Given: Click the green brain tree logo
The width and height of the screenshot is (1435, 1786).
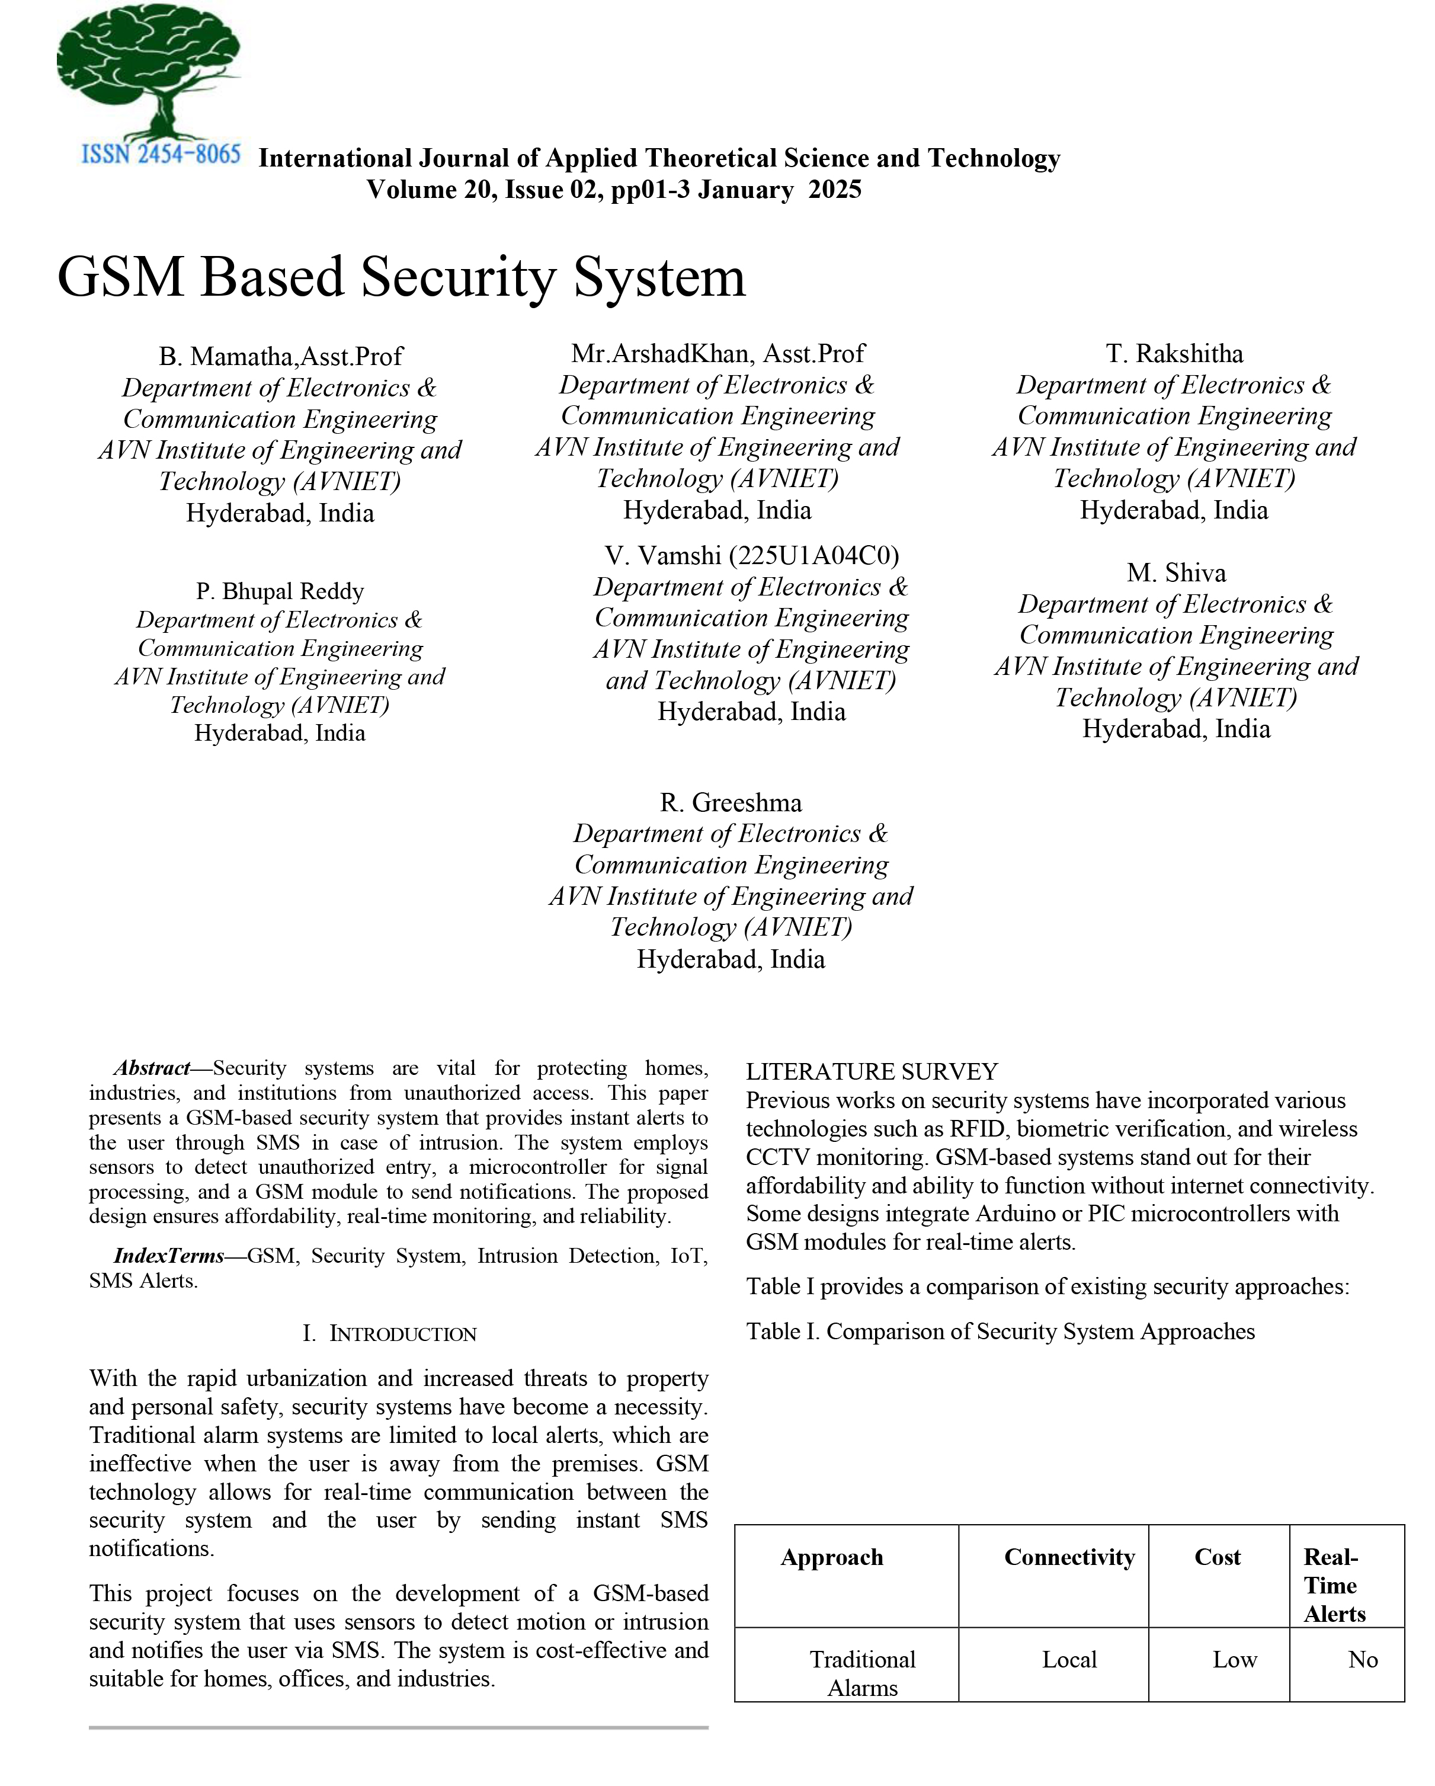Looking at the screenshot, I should point(149,71).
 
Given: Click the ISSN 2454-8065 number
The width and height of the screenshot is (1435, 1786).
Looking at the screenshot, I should point(161,155).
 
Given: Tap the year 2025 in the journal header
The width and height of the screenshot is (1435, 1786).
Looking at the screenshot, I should point(835,190).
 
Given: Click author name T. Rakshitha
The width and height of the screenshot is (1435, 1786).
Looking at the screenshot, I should point(1174,354).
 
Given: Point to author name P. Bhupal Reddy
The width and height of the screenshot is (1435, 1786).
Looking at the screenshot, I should point(280,591).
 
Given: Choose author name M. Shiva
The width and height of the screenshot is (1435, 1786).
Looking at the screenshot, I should point(1176,572).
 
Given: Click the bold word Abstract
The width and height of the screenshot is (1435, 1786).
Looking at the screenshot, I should point(152,1068).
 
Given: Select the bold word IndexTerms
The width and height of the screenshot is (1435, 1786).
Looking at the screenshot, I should point(168,1256).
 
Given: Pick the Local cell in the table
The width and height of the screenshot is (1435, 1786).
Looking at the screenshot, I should point(1069,1660).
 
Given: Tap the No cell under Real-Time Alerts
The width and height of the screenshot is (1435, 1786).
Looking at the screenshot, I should point(1362,1660).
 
